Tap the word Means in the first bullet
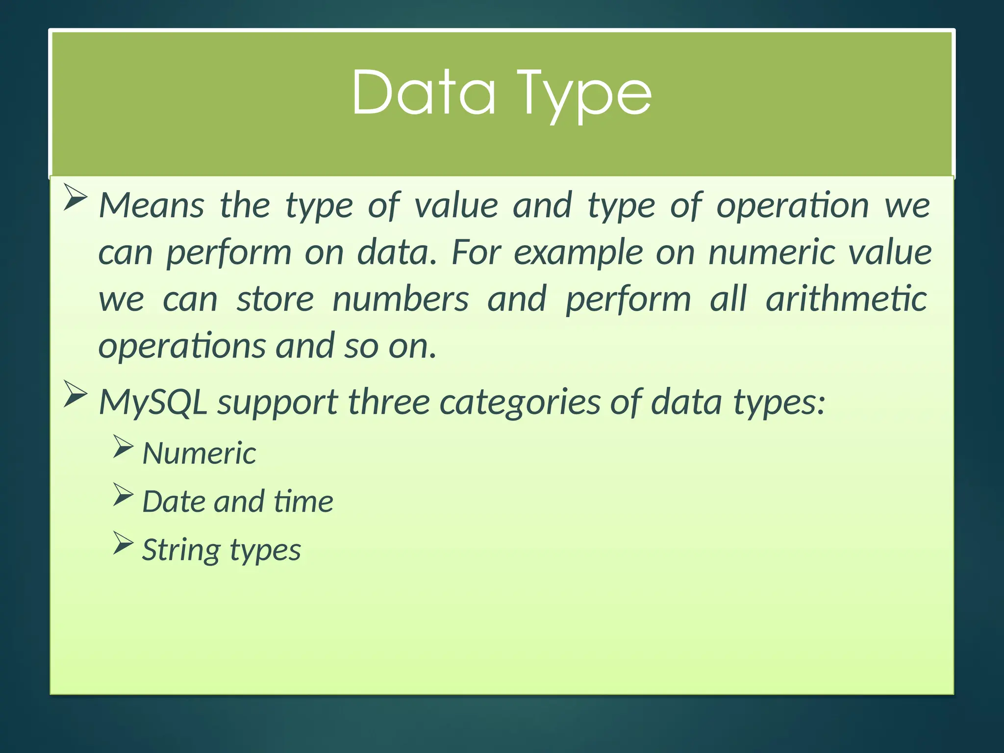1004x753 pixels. pyautogui.click(x=151, y=205)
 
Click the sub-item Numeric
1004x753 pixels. pyautogui.click(x=199, y=453)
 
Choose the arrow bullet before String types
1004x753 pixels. pyautogui.click(x=123, y=543)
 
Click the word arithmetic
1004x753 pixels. pyautogui.click(x=846, y=299)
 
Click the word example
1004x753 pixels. pyautogui.click(x=578, y=253)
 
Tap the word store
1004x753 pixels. pyautogui.click(x=275, y=299)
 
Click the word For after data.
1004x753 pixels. pyautogui.click(x=476, y=253)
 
